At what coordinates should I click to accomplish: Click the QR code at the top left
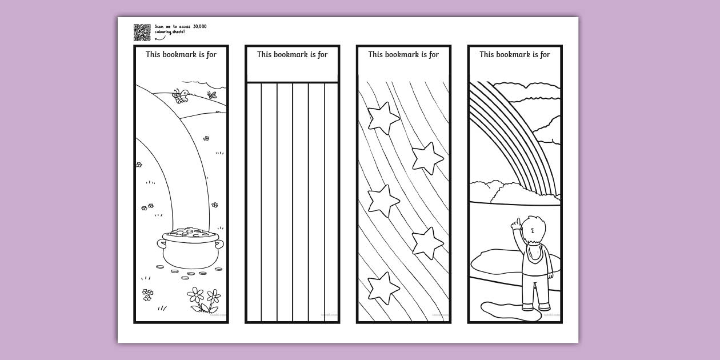[x=142, y=33]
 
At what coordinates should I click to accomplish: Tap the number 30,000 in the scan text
[x=199, y=26]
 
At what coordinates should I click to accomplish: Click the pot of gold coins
[x=190, y=246]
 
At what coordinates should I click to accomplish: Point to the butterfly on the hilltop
[x=182, y=96]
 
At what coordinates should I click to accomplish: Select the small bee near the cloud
[x=213, y=95]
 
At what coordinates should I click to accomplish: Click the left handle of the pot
[x=161, y=245]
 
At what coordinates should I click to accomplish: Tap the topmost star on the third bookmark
[x=383, y=118]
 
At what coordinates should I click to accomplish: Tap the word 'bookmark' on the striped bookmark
[x=291, y=55]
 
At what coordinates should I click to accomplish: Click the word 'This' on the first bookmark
[x=153, y=55]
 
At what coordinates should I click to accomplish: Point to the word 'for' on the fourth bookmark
[x=544, y=55]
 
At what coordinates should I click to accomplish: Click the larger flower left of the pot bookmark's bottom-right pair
[x=196, y=295]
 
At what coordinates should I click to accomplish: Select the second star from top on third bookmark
[x=427, y=158]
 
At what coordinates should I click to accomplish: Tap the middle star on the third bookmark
[x=382, y=201]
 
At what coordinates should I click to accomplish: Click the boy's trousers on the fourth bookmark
[x=535, y=291]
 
